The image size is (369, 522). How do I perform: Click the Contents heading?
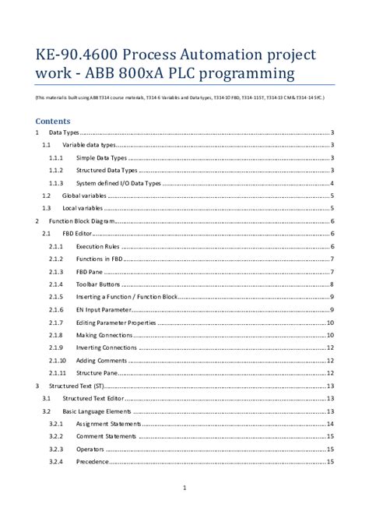coord(53,122)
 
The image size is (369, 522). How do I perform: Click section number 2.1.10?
coord(56,360)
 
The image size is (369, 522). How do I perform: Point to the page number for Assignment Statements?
coord(330,424)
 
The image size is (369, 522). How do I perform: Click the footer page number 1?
coord(184,488)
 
